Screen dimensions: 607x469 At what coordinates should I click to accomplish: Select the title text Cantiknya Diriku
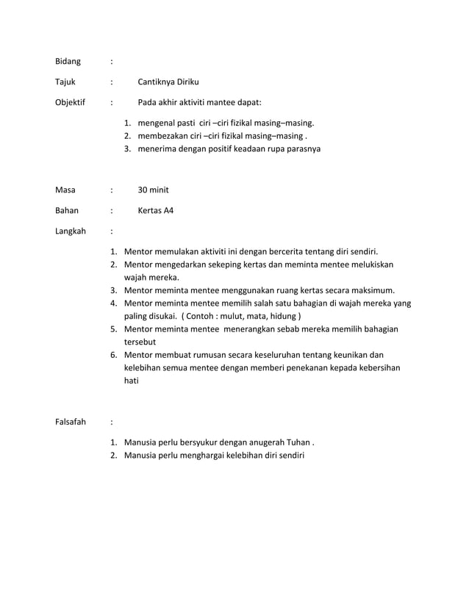[168, 82]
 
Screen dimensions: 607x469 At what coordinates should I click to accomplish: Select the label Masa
[65, 190]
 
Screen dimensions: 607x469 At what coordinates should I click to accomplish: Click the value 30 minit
[154, 190]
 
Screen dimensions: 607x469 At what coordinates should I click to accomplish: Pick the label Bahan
[67, 210]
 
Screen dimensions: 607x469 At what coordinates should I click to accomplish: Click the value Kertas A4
[156, 210]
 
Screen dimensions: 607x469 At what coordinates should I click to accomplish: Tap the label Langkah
[70, 231]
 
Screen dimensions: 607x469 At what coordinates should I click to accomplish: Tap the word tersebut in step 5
[140, 342]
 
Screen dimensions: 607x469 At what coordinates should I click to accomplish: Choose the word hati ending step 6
[132, 381]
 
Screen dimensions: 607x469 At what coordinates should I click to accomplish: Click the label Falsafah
[71, 422]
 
